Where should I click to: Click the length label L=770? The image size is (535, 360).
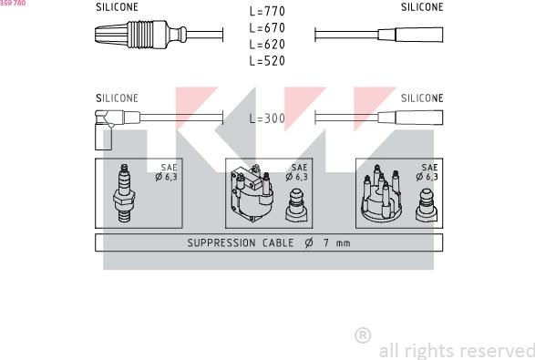267,11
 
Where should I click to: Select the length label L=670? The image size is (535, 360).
267,27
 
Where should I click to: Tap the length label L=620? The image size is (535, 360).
267,45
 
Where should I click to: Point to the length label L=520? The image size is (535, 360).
267,61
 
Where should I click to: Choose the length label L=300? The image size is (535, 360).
267,118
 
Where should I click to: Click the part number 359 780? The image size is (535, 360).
13,3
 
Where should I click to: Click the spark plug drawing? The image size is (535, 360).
124,193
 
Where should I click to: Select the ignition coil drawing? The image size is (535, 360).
252,194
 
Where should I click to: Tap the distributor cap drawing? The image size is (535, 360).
381,193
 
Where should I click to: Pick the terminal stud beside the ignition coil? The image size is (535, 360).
296,206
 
